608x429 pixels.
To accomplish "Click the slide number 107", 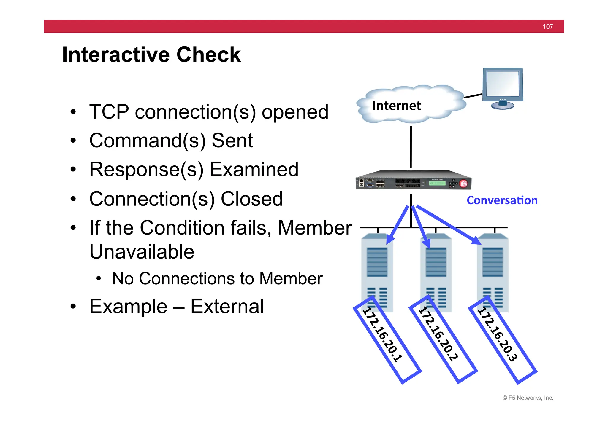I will click(x=548, y=27).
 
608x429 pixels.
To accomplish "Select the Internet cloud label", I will click(x=396, y=106).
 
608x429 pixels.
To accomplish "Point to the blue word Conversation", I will click(x=502, y=200).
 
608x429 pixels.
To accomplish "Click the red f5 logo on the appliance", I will click(x=463, y=184).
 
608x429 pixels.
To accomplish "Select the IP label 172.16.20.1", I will click(x=383, y=335).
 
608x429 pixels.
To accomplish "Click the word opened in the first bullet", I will click(x=295, y=113).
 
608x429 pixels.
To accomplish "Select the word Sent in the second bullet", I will click(x=232, y=141).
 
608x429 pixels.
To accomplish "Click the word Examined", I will click(x=254, y=170).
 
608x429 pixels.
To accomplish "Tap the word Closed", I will click(x=251, y=199).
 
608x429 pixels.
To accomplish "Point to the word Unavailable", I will click(x=142, y=252).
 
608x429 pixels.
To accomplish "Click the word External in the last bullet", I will click(x=227, y=307).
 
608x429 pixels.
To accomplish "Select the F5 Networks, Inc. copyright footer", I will click(x=528, y=398).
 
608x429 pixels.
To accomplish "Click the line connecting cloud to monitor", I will click(x=473, y=96).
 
